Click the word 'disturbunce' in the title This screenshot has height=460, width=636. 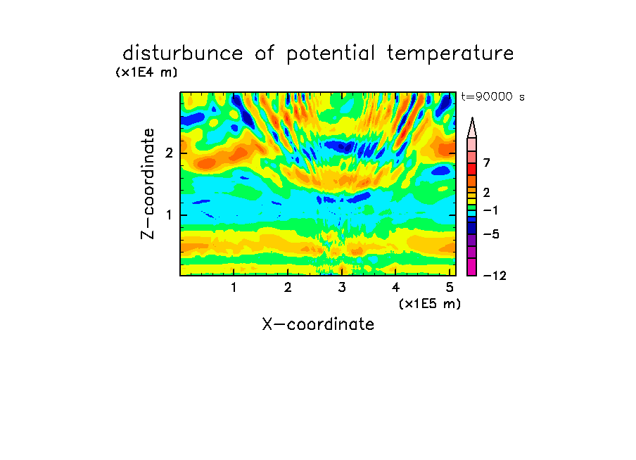point(183,53)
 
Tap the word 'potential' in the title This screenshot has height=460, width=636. point(331,54)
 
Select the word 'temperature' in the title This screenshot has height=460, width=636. point(450,54)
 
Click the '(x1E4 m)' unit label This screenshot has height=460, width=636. point(146,72)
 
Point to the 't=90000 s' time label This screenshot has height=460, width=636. point(492,96)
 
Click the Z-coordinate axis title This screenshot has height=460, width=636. point(147,184)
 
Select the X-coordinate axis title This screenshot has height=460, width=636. point(318,324)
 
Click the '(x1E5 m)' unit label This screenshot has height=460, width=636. point(430,303)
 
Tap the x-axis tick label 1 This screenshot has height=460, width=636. point(234,288)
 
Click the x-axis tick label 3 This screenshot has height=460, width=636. point(342,288)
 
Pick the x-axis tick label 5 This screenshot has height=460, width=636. point(450,288)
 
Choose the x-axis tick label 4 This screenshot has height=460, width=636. point(396,288)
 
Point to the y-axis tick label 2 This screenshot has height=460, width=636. point(169,153)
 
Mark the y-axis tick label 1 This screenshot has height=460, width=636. point(169,215)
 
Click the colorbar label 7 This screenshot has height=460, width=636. point(487,162)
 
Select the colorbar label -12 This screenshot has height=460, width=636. point(495,276)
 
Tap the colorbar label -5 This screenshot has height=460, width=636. point(491,234)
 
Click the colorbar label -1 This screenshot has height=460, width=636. point(490,210)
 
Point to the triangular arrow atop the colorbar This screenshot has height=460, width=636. point(472,127)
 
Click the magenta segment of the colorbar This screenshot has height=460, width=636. point(472,267)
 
